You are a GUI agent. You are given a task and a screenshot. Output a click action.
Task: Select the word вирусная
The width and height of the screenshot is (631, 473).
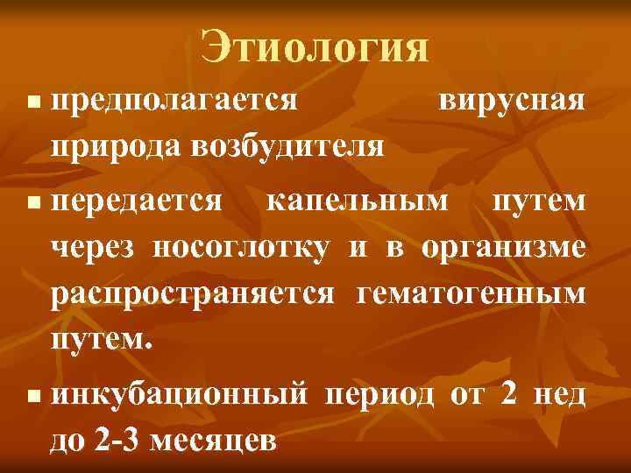(x=510, y=100)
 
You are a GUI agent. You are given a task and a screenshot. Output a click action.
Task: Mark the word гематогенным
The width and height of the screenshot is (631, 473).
(x=471, y=293)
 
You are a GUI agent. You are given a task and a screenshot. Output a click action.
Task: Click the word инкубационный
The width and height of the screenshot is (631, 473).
(x=179, y=395)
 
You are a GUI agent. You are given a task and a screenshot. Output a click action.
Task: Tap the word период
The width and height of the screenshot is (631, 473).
(x=379, y=395)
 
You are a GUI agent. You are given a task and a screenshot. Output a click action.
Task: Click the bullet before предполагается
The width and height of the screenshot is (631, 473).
(x=34, y=104)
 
